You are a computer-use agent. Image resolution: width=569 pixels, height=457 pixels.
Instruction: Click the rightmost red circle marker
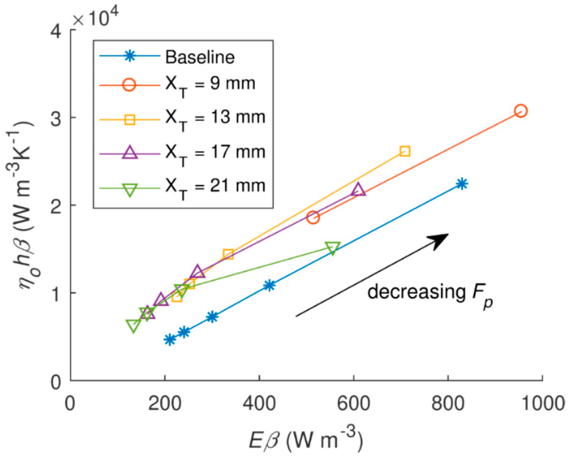(521, 111)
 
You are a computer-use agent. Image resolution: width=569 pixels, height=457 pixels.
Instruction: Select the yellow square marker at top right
(405, 151)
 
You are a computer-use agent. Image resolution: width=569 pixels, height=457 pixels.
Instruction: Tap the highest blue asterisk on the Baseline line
(462, 184)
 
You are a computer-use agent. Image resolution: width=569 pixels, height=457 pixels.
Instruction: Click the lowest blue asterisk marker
(170, 340)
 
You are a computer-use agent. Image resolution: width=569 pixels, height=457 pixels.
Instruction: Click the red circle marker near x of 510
(313, 217)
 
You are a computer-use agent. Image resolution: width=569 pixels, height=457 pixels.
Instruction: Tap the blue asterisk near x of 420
(269, 285)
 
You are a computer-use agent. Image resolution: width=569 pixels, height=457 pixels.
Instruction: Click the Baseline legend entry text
(200, 57)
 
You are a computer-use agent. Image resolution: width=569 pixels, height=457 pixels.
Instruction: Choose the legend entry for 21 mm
(215, 187)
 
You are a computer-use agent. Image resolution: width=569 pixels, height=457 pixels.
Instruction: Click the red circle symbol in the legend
(129, 85)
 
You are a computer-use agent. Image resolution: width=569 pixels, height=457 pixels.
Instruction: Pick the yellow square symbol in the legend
(130, 119)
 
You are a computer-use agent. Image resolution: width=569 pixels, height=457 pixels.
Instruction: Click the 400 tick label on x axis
(259, 403)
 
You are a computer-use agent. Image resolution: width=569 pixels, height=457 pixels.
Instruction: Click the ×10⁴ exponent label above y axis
(95, 17)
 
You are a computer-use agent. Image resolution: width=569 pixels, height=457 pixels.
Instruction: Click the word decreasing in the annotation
(416, 292)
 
